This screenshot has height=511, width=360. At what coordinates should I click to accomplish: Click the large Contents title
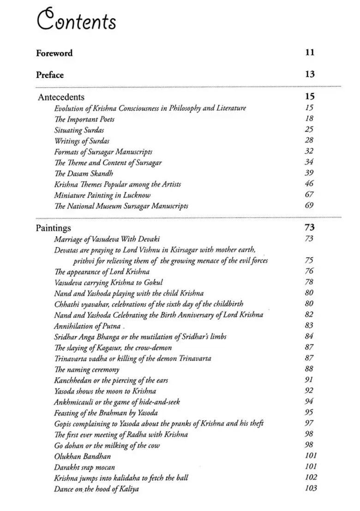(76, 21)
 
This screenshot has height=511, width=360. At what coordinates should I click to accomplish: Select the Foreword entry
(54, 53)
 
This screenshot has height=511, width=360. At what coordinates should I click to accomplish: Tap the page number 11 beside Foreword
(310, 53)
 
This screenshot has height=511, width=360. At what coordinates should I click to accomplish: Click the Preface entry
(50, 75)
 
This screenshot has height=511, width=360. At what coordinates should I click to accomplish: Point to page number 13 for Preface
(310, 74)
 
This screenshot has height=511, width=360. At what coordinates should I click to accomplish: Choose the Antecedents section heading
(61, 97)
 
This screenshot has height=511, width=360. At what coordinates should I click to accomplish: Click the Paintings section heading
(54, 228)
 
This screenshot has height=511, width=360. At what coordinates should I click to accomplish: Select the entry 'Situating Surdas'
(79, 130)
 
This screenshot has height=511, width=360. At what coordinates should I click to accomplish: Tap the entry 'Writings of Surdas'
(82, 141)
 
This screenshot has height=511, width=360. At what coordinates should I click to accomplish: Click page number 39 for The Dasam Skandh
(309, 173)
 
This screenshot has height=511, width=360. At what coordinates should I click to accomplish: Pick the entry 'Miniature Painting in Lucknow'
(102, 195)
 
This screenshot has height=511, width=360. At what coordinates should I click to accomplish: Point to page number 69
(309, 205)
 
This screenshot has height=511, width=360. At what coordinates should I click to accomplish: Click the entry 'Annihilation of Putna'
(84, 326)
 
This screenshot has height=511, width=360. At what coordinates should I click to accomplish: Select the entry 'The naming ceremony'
(87, 369)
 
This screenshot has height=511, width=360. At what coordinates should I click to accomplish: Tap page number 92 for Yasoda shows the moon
(309, 391)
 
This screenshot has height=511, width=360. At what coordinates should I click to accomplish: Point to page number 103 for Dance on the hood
(311, 488)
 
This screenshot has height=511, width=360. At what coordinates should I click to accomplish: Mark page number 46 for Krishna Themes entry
(309, 184)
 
